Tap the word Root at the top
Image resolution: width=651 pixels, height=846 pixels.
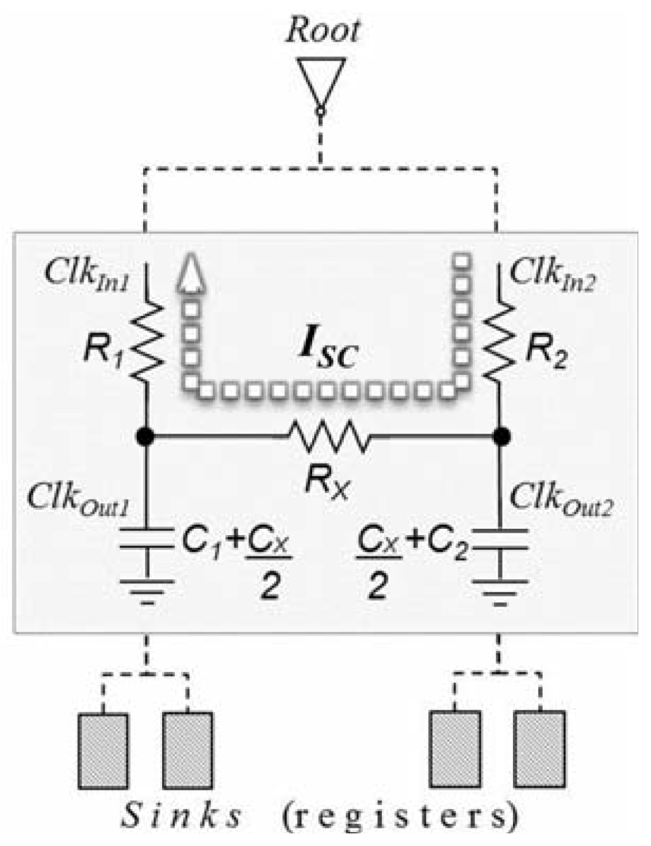tap(322, 31)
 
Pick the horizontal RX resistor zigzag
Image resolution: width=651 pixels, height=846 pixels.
tap(327, 437)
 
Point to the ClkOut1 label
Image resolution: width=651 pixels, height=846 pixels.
tap(79, 498)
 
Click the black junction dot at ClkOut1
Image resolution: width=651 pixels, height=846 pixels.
tap(146, 437)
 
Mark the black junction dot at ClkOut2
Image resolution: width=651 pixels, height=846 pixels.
tap(502, 437)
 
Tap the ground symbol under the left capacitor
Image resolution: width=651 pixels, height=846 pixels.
tap(147, 590)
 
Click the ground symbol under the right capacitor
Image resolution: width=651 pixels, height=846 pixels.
tap(500, 590)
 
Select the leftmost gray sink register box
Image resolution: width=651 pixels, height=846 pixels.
tap(103, 751)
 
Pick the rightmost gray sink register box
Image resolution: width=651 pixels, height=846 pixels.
tap(539, 751)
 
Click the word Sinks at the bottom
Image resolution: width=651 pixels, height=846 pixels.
tap(182, 816)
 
